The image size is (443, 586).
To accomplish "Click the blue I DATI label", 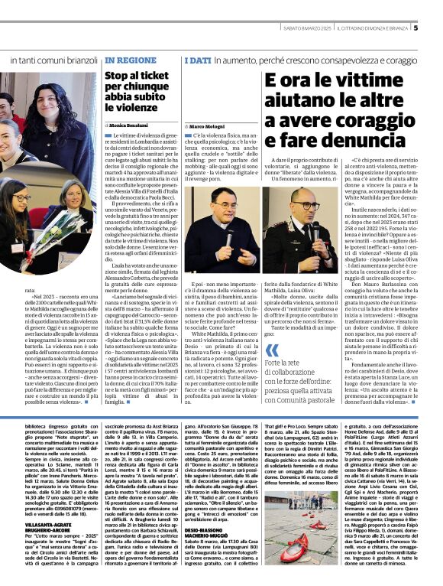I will [197, 59].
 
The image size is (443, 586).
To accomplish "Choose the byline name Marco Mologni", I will [208, 125].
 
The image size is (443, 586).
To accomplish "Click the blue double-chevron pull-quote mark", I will [271, 352].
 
